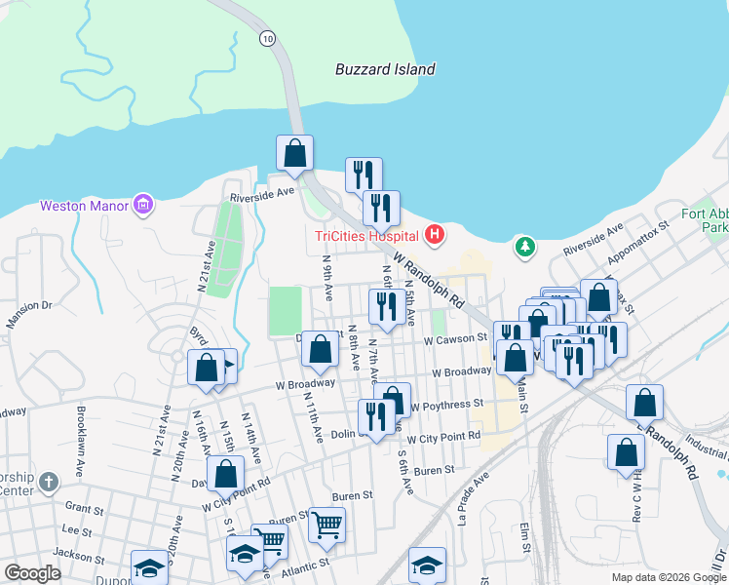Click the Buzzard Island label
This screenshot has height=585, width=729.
click(x=384, y=70)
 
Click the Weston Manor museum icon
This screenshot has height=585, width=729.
click(x=144, y=205)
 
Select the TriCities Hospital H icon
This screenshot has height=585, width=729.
click(x=436, y=235)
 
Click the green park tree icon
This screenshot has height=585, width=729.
click(x=525, y=247)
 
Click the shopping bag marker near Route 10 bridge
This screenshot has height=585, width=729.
click(x=294, y=154)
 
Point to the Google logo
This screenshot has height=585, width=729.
click(x=32, y=573)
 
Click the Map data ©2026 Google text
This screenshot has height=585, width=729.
click(x=668, y=577)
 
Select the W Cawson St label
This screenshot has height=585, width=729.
click(x=455, y=338)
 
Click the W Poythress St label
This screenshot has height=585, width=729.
click(x=446, y=405)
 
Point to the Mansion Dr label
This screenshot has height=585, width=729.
click(x=28, y=317)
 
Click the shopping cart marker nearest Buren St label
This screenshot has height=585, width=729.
click(x=326, y=525)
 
